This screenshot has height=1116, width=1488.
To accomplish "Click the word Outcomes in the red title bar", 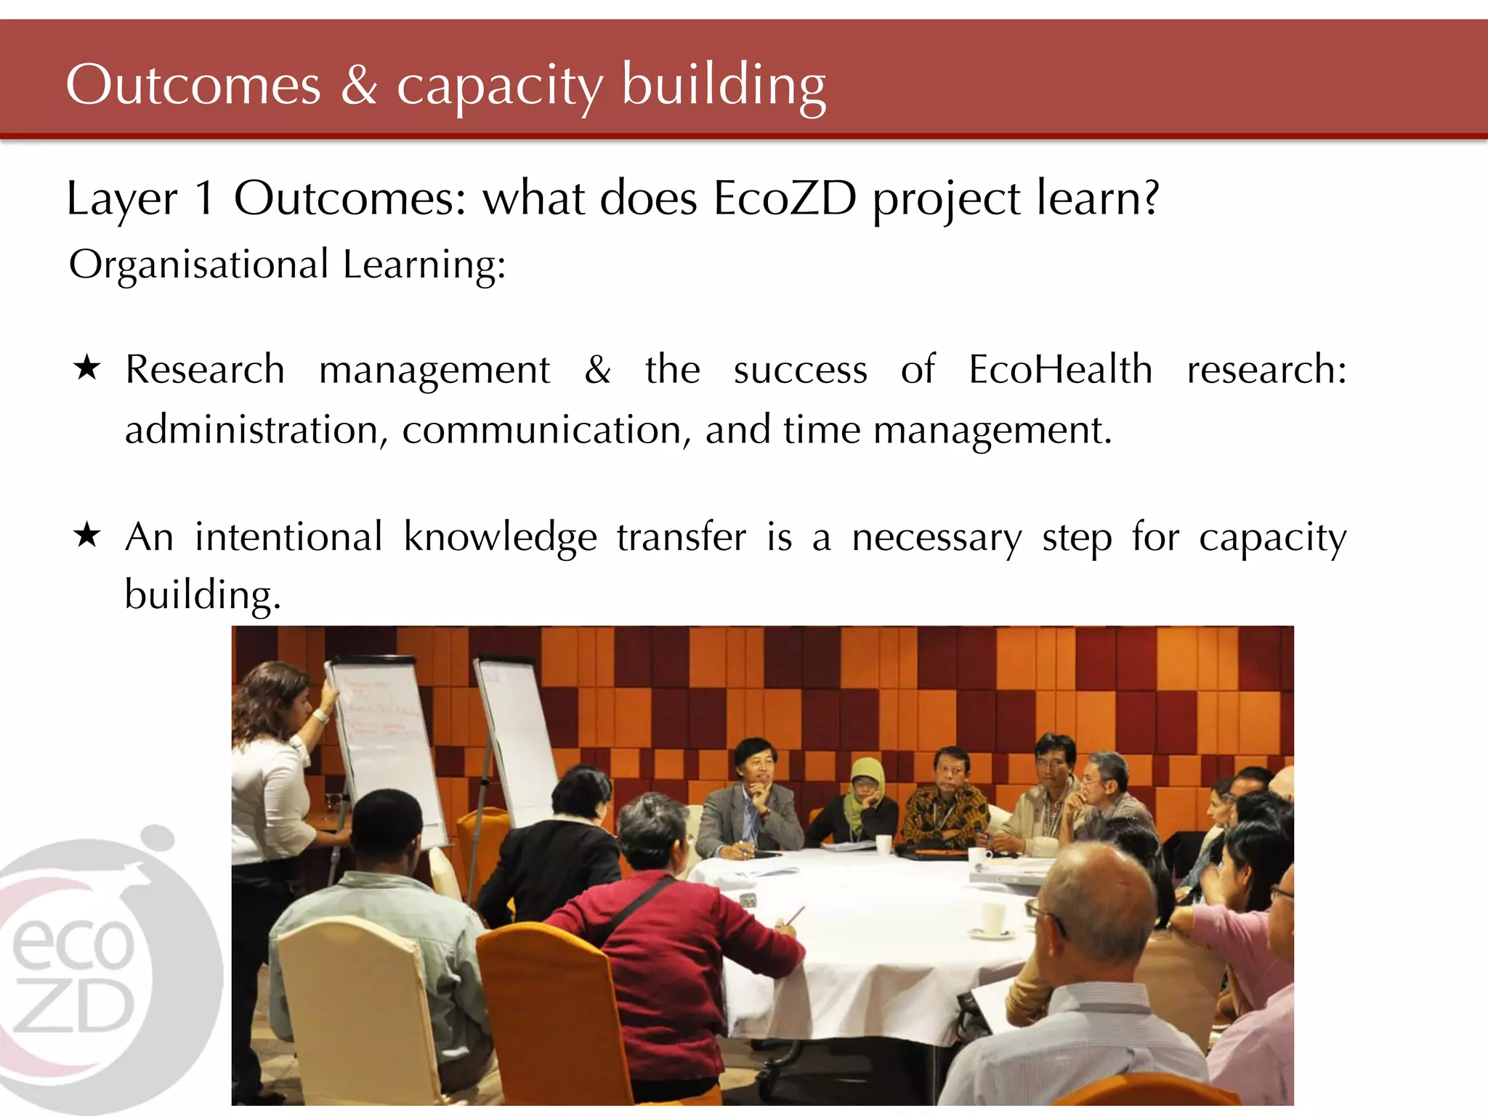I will click(193, 86).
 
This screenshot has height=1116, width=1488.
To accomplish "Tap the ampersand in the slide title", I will click(359, 86).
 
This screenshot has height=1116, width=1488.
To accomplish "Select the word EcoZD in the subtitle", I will click(785, 198).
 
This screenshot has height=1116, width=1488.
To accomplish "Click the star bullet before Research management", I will click(87, 368).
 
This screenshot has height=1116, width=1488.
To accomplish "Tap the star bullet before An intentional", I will click(87, 535).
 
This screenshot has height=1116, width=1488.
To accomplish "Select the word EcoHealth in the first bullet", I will click(1060, 370).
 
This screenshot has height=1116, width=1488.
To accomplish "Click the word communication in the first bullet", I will click(542, 430).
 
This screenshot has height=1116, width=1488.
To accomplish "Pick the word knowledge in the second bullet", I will click(500, 538).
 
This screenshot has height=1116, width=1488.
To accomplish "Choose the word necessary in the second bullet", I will click(937, 538).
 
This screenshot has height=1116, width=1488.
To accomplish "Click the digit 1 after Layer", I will click(205, 198).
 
